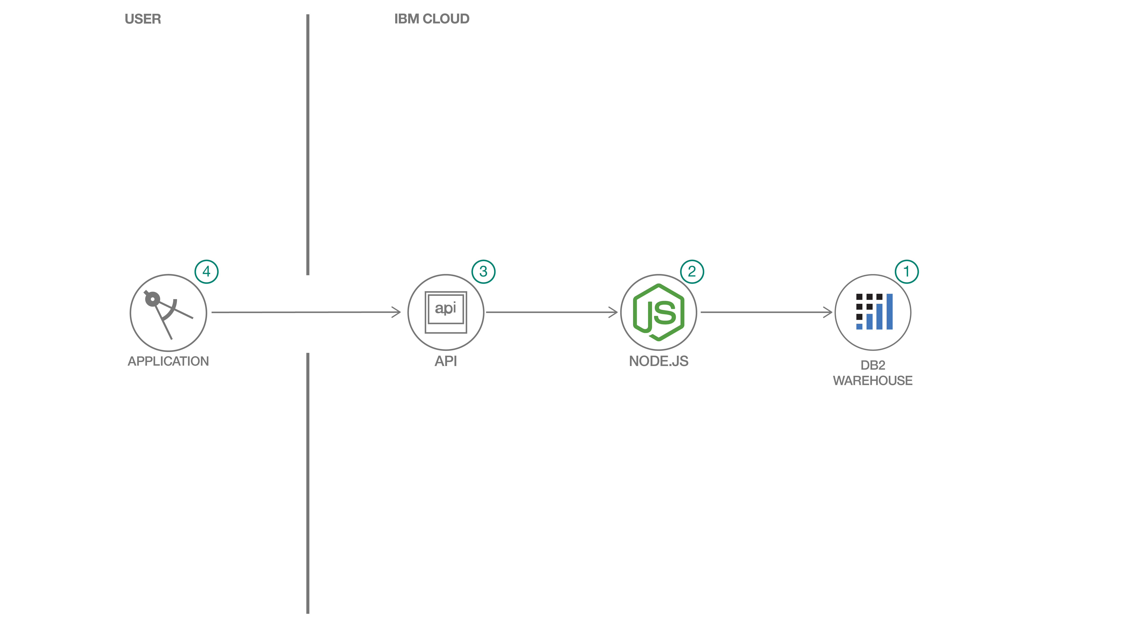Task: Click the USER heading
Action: coord(143,19)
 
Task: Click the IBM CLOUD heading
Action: coord(432,19)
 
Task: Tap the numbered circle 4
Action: coord(206,272)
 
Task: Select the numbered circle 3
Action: coord(483,272)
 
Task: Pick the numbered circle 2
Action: coord(692,272)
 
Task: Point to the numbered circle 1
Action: coord(907,272)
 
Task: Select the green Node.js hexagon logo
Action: coord(659,312)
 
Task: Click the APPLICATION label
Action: coord(168,361)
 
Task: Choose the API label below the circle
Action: coord(446,361)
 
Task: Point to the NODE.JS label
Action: coord(659,361)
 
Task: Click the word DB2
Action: coord(873,365)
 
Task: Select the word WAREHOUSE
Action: coord(873,381)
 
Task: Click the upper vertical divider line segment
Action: coord(308,145)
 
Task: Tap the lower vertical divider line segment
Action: coord(308,483)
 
